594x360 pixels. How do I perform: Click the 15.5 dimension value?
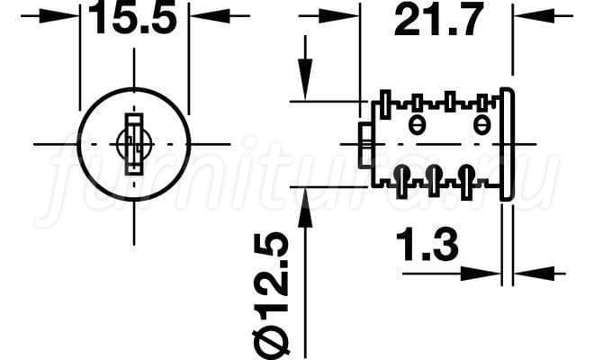(x=132, y=17)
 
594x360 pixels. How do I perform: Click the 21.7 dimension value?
(x=438, y=19)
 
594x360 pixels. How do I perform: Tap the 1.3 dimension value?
(x=427, y=245)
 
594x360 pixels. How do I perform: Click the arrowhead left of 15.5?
(x=59, y=16)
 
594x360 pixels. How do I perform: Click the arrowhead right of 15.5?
(x=210, y=16)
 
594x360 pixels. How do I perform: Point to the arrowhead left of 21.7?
(x=338, y=16)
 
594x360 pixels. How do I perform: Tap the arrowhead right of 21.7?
(x=534, y=16)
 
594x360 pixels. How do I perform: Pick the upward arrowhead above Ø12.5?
(x=305, y=208)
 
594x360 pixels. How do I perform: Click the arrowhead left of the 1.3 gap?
(x=481, y=274)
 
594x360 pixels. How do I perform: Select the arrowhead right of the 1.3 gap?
(x=534, y=274)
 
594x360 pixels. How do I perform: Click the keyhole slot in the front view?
(x=134, y=144)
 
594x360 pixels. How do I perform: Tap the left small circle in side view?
(x=417, y=125)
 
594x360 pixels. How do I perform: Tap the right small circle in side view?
(x=481, y=125)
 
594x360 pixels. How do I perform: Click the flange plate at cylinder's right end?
(x=507, y=144)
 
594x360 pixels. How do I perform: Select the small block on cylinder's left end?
(x=365, y=145)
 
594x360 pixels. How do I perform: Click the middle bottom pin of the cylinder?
(x=434, y=181)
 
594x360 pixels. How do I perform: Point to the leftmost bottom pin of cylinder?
(x=402, y=182)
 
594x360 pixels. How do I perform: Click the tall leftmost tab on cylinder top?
(x=385, y=104)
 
